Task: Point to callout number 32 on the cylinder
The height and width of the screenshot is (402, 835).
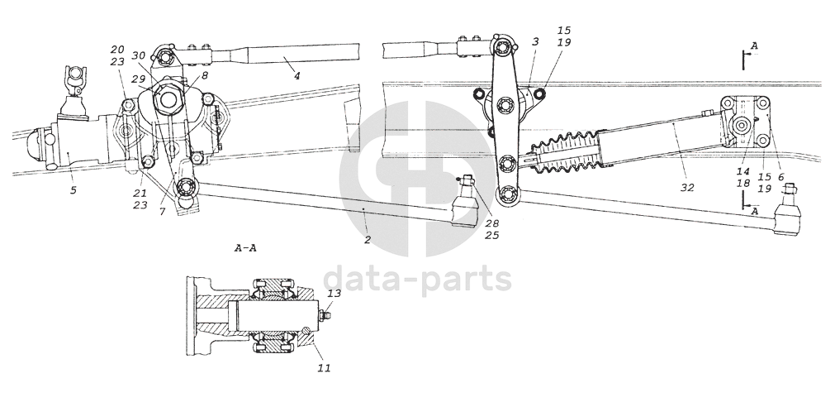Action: point(686,188)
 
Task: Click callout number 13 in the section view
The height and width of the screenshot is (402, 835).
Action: point(334,294)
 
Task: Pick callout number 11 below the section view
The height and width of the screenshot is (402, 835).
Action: point(325,367)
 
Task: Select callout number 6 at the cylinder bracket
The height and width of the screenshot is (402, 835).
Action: point(780,177)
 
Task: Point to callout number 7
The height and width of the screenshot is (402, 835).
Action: point(163,213)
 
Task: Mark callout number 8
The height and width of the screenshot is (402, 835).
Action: point(204,74)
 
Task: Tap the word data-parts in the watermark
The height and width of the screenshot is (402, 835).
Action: point(416,280)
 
